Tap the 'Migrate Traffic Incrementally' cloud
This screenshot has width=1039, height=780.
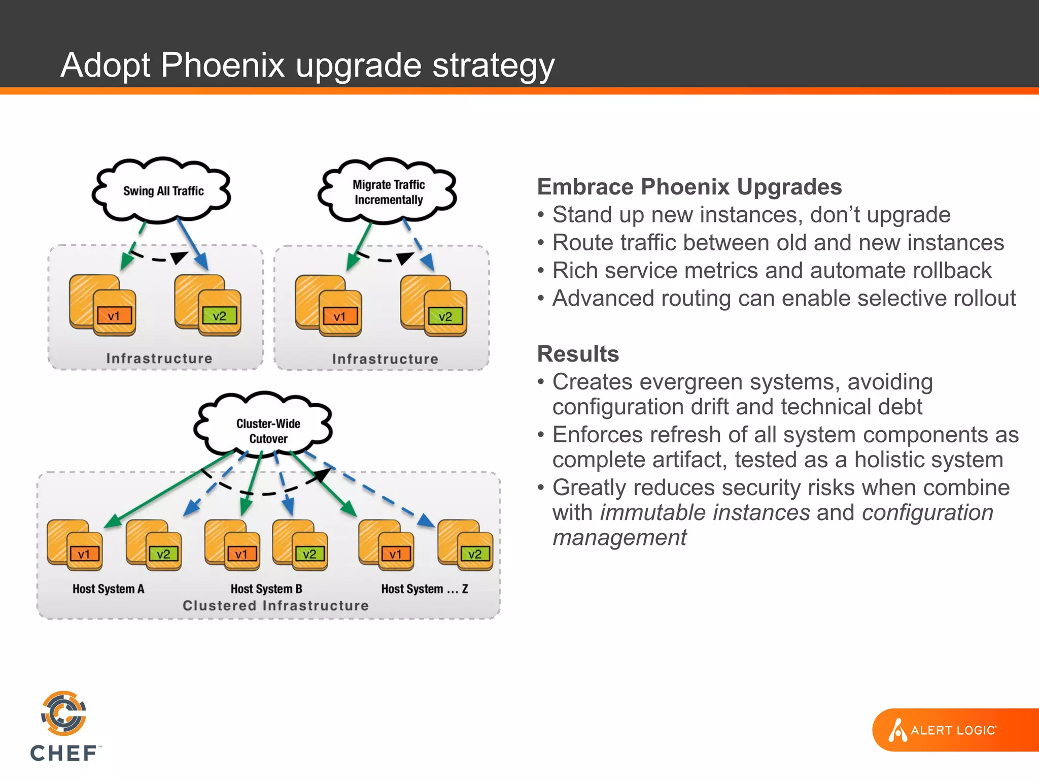389,192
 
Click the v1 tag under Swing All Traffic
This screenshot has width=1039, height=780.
114,316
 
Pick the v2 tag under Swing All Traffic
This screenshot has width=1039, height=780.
219,316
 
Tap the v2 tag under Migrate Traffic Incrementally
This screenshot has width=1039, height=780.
445,317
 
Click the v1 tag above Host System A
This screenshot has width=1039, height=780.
84,554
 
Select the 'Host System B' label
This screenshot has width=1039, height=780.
266,589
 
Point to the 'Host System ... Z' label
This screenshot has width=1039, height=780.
425,589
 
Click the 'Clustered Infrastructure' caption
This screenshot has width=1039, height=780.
275,606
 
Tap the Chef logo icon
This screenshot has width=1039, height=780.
64,713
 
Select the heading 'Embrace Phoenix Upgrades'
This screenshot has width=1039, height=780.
689,187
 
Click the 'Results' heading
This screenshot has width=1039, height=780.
578,354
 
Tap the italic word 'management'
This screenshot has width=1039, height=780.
619,538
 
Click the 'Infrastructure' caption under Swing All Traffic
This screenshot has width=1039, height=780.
159,359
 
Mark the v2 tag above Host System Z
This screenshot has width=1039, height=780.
475,554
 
